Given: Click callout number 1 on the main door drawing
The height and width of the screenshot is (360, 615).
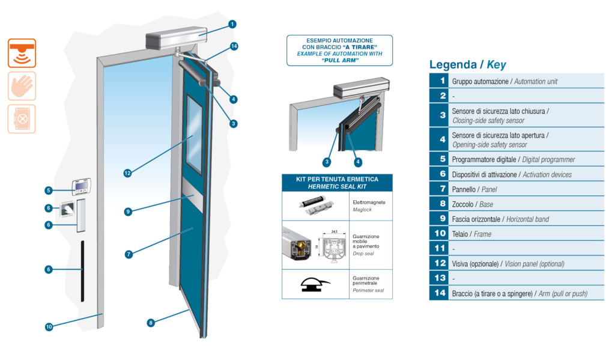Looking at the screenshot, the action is pyautogui.click(x=232, y=24).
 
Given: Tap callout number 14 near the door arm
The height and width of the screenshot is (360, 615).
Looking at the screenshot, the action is pyautogui.click(x=234, y=46).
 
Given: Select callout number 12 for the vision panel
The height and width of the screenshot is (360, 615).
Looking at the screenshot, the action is pyautogui.click(x=127, y=173).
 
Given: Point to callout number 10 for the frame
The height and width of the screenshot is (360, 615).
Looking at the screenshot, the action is pyautogui.click(x=49, y=326).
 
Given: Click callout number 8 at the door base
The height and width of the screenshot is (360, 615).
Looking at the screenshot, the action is pyautogui.click(x=151, y=323).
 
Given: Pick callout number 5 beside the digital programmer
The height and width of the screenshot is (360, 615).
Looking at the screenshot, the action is pyautogui.click(x=49, y=191).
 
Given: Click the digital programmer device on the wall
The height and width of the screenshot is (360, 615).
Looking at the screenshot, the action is pyautogui.click(x=81, y=186).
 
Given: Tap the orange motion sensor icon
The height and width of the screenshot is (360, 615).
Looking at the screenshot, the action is pyautogui.click(x=22, y=53).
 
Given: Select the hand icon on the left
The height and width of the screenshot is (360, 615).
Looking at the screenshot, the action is pyautogui.click(x=22, y=86).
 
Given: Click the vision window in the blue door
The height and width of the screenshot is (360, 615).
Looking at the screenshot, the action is pyautogui.click(x=194, y=134).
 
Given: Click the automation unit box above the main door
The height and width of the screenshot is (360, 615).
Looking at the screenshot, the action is pyautogui.click(x=177, y=38).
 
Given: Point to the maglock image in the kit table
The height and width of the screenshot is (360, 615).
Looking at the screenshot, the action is pyautogui.click(x=317, y=206).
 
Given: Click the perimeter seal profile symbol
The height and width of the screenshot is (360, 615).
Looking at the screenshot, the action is pyautogui.click(x=315, y=284).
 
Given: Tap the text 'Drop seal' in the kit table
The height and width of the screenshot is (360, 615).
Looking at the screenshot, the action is pyautogui.click(x=363, y=254).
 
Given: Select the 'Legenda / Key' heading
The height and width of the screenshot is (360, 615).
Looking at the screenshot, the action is pyautogui.click(x=467, y=64).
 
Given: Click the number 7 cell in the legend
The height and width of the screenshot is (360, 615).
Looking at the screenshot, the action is pyautogui.click(x=439, y=189).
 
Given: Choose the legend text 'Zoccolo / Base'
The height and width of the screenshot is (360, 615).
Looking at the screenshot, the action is pyautogui.click(x=472, y=204).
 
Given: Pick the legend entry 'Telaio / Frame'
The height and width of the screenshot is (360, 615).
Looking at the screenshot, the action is pyautogui.click(x=471, y=234).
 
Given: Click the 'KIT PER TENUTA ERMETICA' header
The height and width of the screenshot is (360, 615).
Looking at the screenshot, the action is pyautogui.click(x=338, y=179).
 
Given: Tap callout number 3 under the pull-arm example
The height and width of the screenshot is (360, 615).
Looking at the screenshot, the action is pyautogui.click(x=327, y=162).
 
